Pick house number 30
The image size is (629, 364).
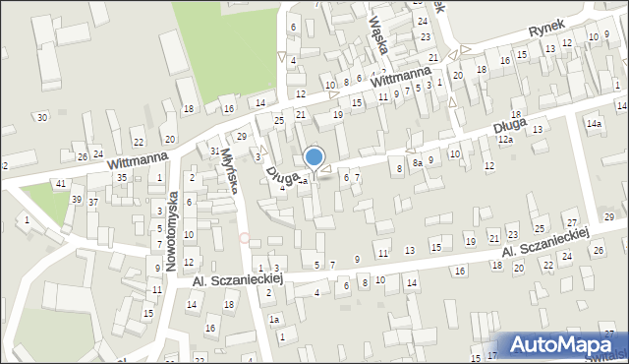(x=41, y=118)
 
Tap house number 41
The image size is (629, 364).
(x=61, y=184)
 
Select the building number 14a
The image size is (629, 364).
(x=594, y=124)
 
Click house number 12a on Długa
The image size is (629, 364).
(x=504, y=141)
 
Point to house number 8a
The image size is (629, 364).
(x=417, y=163)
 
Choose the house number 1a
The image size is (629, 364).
(x=275, y=320)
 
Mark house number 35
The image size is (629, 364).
(x=122, y=177)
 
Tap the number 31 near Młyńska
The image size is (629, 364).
(x=214, y=151)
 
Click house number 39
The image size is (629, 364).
(x=76, y=200)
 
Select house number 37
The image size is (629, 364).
(x=92, y=202)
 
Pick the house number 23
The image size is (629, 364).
(x=425, y=36)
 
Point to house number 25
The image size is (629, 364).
(x=279, y=120)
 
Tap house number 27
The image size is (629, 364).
(x=571, y=225)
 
